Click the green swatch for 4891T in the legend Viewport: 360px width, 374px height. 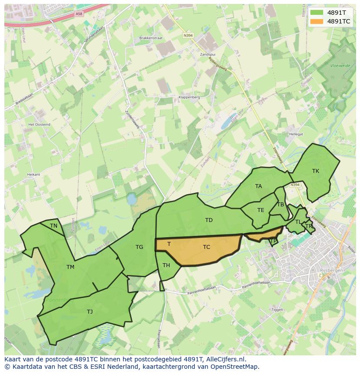[317, 13]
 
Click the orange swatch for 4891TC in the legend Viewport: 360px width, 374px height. [317, 21]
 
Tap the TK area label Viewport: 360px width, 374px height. [316, 171]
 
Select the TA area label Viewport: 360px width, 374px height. [259, 186]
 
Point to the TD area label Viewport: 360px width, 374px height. [209, 220]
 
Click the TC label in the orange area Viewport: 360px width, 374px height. [207, 247]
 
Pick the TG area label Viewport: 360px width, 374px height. [139, 247]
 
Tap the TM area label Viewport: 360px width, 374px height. [70, 267]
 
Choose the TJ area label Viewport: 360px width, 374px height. [90, 312]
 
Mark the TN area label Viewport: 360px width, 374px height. [53, 226]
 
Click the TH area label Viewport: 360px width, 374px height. [166, 265]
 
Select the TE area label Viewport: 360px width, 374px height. [261, 210]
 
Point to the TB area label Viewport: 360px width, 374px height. [280, 205]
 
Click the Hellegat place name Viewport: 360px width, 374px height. [296, 135]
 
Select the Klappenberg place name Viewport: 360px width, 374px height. [189, 97]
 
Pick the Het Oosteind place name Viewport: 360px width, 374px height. [39, 124]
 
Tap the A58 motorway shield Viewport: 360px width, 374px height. [79, 14]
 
